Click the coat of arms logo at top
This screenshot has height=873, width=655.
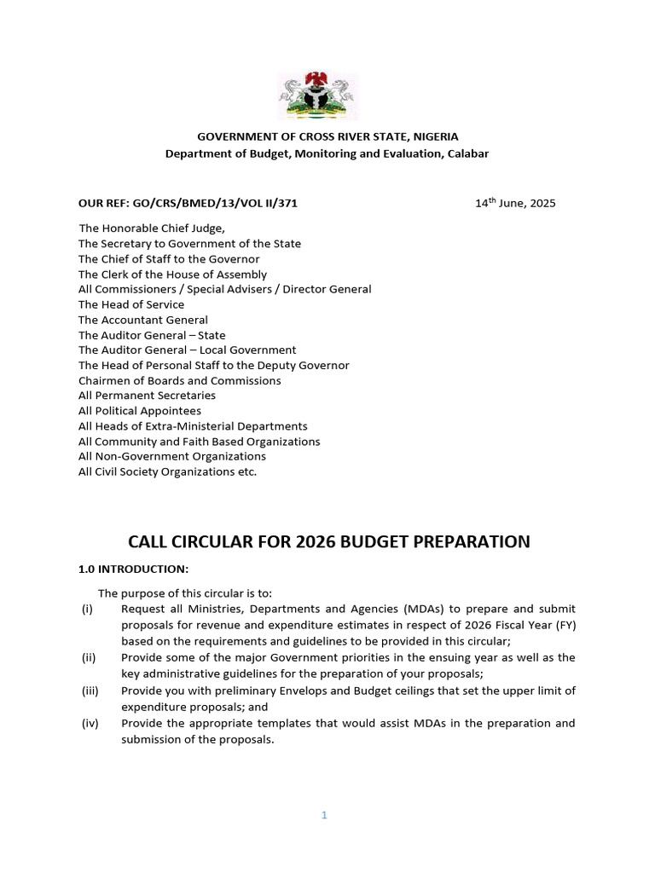point(317,96)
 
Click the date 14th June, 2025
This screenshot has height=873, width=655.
point(515,203)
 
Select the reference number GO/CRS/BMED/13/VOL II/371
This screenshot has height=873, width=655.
point(213,204)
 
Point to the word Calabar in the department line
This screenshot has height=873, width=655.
point(466,153)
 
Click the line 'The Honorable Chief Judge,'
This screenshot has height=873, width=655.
point(152,228)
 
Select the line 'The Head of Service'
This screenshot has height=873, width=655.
point(131,304)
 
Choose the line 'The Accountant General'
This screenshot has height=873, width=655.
point(143,320)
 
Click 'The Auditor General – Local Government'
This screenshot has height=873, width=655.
point(188,350)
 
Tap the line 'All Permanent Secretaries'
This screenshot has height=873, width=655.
point(147,396)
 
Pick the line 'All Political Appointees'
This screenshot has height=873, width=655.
point(140,411)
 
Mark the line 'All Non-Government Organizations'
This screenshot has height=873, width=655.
point(172,457)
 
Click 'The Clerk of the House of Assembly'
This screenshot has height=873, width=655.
point(172,275)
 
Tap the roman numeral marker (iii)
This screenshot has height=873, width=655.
point(90,691)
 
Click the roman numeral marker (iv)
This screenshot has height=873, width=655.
point(90,724)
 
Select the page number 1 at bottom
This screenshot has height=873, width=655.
point(324,815)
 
